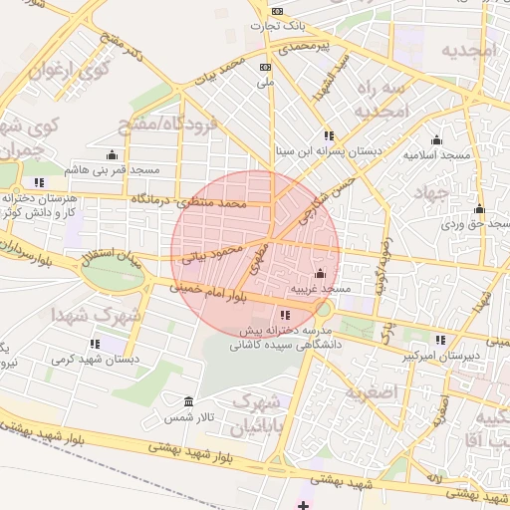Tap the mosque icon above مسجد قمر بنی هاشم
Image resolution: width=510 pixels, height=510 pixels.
pos(112,154)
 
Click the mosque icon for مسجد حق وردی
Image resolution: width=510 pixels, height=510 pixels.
pos(479,209)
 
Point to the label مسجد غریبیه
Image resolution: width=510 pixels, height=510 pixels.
pos(320,289)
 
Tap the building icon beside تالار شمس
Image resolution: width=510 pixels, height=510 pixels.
pos(189,401)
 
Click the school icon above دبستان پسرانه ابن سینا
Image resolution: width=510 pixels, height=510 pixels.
pos(328,135)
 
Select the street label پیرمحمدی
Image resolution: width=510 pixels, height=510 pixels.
pos(304,47)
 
